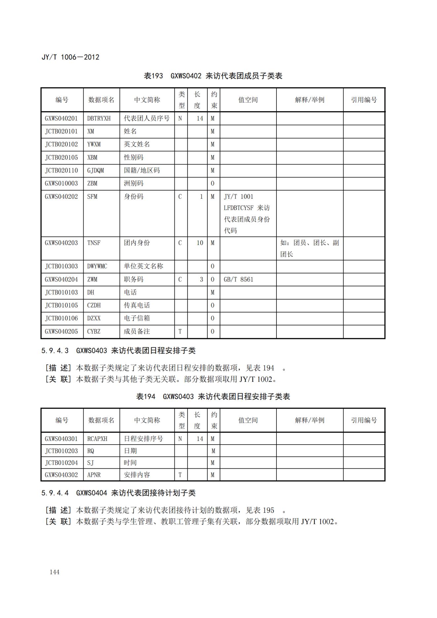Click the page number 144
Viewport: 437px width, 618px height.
[55, 572]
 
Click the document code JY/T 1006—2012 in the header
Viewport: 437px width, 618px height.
[70, 57]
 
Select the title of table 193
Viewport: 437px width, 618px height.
[213, 76]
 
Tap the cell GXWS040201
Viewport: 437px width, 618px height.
[61, 118]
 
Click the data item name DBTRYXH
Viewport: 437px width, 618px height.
[99, 118]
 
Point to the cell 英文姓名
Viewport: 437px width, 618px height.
[137, 144]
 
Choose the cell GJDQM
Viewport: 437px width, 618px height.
[95, 170]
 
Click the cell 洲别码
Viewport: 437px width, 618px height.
[133, 183]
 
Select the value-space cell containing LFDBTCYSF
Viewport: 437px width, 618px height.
[247, 213]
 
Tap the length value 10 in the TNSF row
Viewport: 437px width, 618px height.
[200, 243]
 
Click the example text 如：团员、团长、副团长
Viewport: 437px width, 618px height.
[309, 248]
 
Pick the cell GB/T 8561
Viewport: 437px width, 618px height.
[238, 279]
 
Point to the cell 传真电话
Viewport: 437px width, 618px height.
[137, 305]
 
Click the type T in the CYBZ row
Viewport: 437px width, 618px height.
[180, 331]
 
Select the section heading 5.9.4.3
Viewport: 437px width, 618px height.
[118, 351]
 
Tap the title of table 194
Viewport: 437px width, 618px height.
[213, 397]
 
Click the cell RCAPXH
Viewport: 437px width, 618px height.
[97, 439]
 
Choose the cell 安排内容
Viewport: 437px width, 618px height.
[137, 475]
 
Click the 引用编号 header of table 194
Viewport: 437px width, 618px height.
[364, 420]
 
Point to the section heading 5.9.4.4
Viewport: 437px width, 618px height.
[118, 493]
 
